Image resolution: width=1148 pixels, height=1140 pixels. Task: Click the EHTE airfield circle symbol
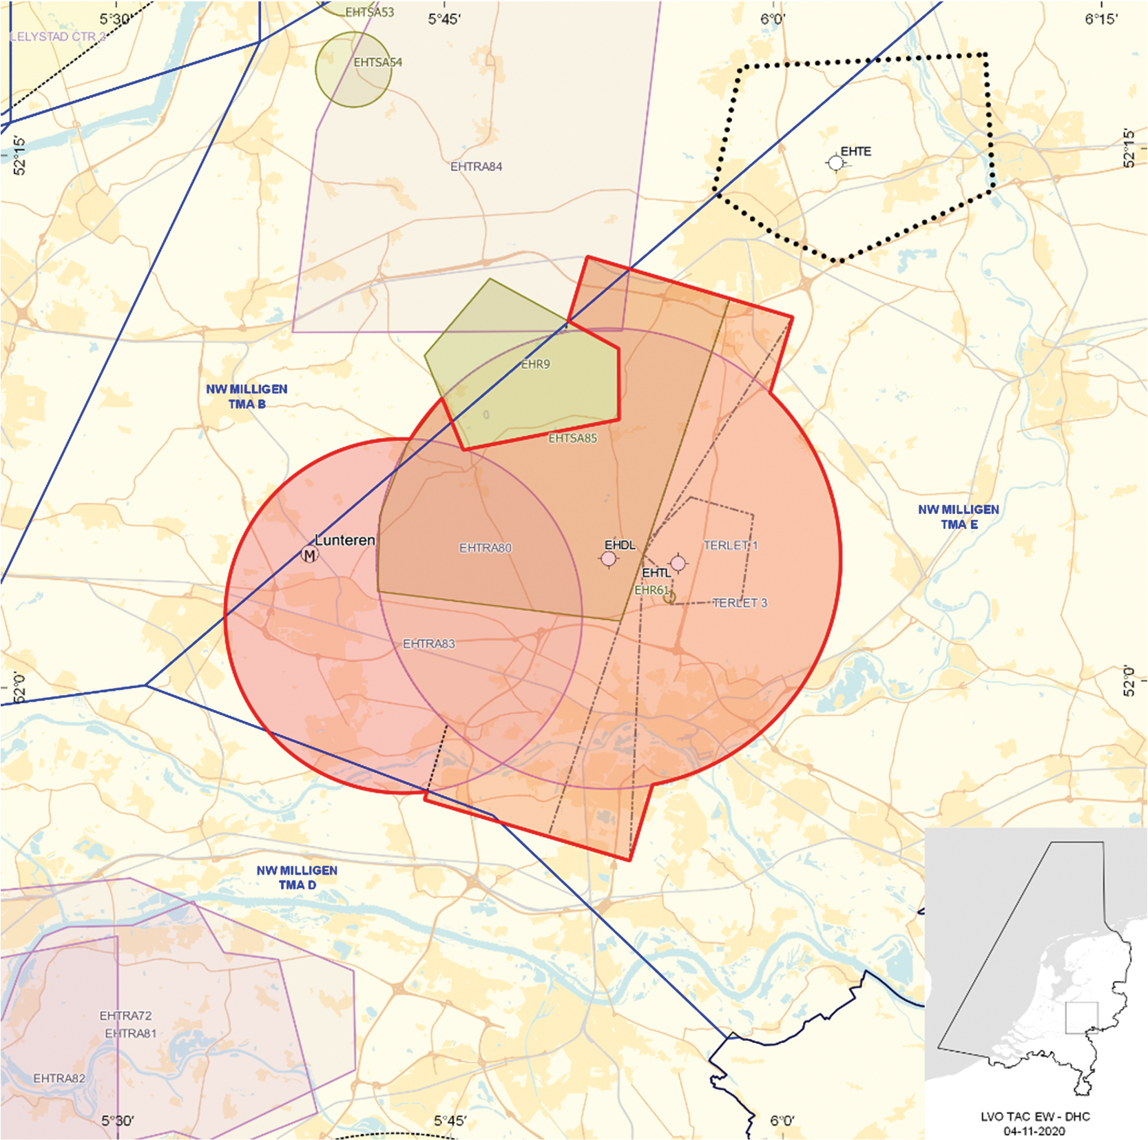pyautogui.click(x=835, y=163)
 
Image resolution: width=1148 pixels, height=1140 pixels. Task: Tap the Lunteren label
pyautogui.click(x=344, y=540)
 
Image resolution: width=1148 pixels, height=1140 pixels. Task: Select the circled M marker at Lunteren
pyautogui.click(x=310, y=555)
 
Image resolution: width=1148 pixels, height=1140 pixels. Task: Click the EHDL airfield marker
pyautogui.click(x=609, y=559)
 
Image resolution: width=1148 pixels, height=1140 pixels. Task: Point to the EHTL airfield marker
pyautogui.click(x=678, y=563)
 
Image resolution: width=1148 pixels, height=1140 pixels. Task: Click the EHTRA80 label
pyautogui.click(x=486, y=548)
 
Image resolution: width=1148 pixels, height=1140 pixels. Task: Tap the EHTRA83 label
pyautogui.click(x=429, y=644)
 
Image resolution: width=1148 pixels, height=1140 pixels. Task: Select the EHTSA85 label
pyautogui.click(x=572, y=438)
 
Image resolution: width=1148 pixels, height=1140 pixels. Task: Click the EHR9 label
pyautogui.click(x=535, y=364)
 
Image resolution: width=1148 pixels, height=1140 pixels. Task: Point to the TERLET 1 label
pyautogui.click(x=730, y=546)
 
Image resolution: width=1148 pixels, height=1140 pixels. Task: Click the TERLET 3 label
pyautogui.click(x=740, y=603)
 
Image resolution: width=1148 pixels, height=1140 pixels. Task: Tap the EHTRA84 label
pyautogui.click(x=476, y=167)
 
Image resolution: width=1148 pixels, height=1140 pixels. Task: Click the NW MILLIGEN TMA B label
pyautogui.click(x=247, y=397)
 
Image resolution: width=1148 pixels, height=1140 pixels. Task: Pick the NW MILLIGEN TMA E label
pyautogui.click(x=958, y=517)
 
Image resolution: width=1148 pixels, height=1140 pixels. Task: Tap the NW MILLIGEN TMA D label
pyautogui.click(x=297, y=878)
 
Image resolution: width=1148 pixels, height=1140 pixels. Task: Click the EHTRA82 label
pyautogui.click(x=59, y=1078)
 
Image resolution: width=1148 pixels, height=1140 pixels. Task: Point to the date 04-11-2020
pyautogui.click(x=1034, y=1131)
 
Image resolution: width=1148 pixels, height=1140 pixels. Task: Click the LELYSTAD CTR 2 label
pyautogui.click(x=58, y=37)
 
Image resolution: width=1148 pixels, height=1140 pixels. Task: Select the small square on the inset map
pyautogui.click(x=1081, y=1017)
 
